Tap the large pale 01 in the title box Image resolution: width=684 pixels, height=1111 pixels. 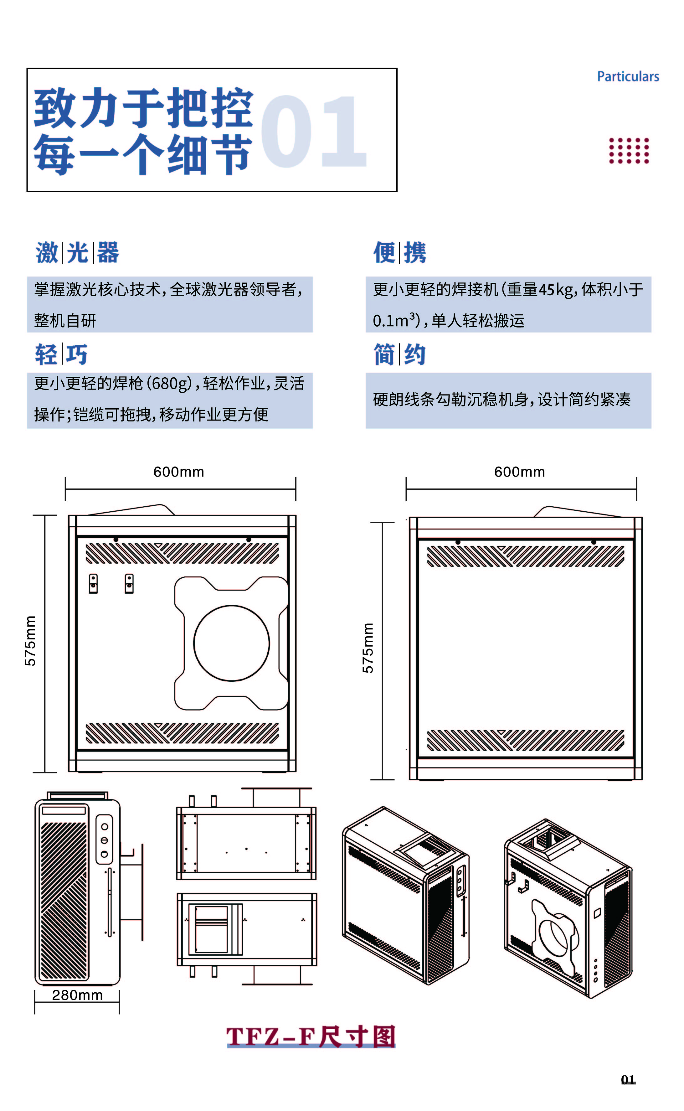[313, 131]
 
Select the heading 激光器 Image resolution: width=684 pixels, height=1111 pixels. [77, 252]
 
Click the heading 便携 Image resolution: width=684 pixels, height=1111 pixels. [399, 252]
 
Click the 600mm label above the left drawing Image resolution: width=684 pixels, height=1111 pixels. [179, 472]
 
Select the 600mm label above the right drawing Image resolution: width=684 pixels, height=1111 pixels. [519, 472]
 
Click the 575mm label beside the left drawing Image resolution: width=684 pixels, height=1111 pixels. [30, 640]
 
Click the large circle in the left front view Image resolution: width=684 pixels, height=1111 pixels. [232, 643]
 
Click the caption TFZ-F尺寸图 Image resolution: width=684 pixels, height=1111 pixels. [311, 1036]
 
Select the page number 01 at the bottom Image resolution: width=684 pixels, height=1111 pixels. [628, 1080]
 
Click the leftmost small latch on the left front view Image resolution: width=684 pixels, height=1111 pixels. [93, 583]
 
